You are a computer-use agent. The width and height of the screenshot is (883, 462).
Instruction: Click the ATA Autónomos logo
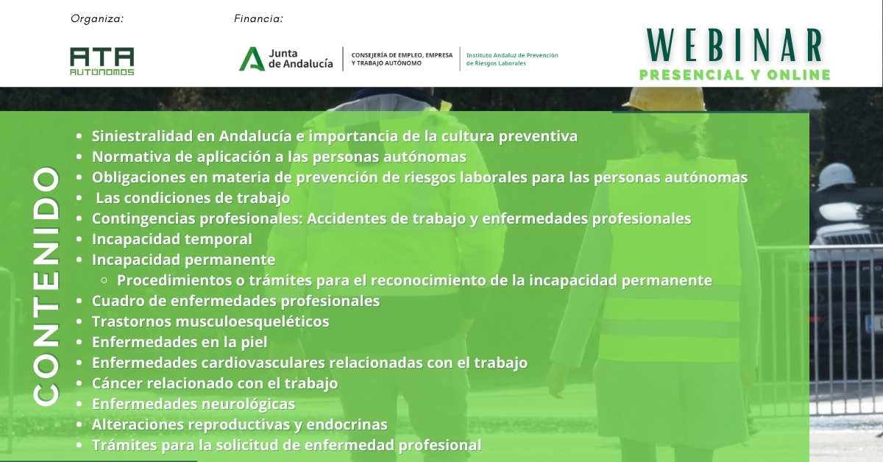pos(102,61)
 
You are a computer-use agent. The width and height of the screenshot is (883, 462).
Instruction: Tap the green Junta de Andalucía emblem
pos(252,59)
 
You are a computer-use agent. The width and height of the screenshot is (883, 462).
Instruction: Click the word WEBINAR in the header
pos(734,46)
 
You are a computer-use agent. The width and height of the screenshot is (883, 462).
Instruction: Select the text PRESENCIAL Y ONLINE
pos(735,74)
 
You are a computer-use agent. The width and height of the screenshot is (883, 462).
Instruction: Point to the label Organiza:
pos(97,18)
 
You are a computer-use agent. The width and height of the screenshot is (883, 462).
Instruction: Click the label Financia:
pos(258,18)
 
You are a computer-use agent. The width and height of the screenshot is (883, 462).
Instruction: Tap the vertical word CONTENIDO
pos(46,287)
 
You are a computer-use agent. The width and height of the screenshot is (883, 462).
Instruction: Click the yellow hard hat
pos(664,99)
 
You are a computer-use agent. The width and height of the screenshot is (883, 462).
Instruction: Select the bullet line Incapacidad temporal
pos(172,239)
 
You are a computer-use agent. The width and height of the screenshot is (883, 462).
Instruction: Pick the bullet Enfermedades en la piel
pos(180,342)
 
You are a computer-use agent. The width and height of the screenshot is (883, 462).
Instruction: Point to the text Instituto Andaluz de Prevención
pos(512,55)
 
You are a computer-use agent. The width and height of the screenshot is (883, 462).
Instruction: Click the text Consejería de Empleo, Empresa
pos(402,55)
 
